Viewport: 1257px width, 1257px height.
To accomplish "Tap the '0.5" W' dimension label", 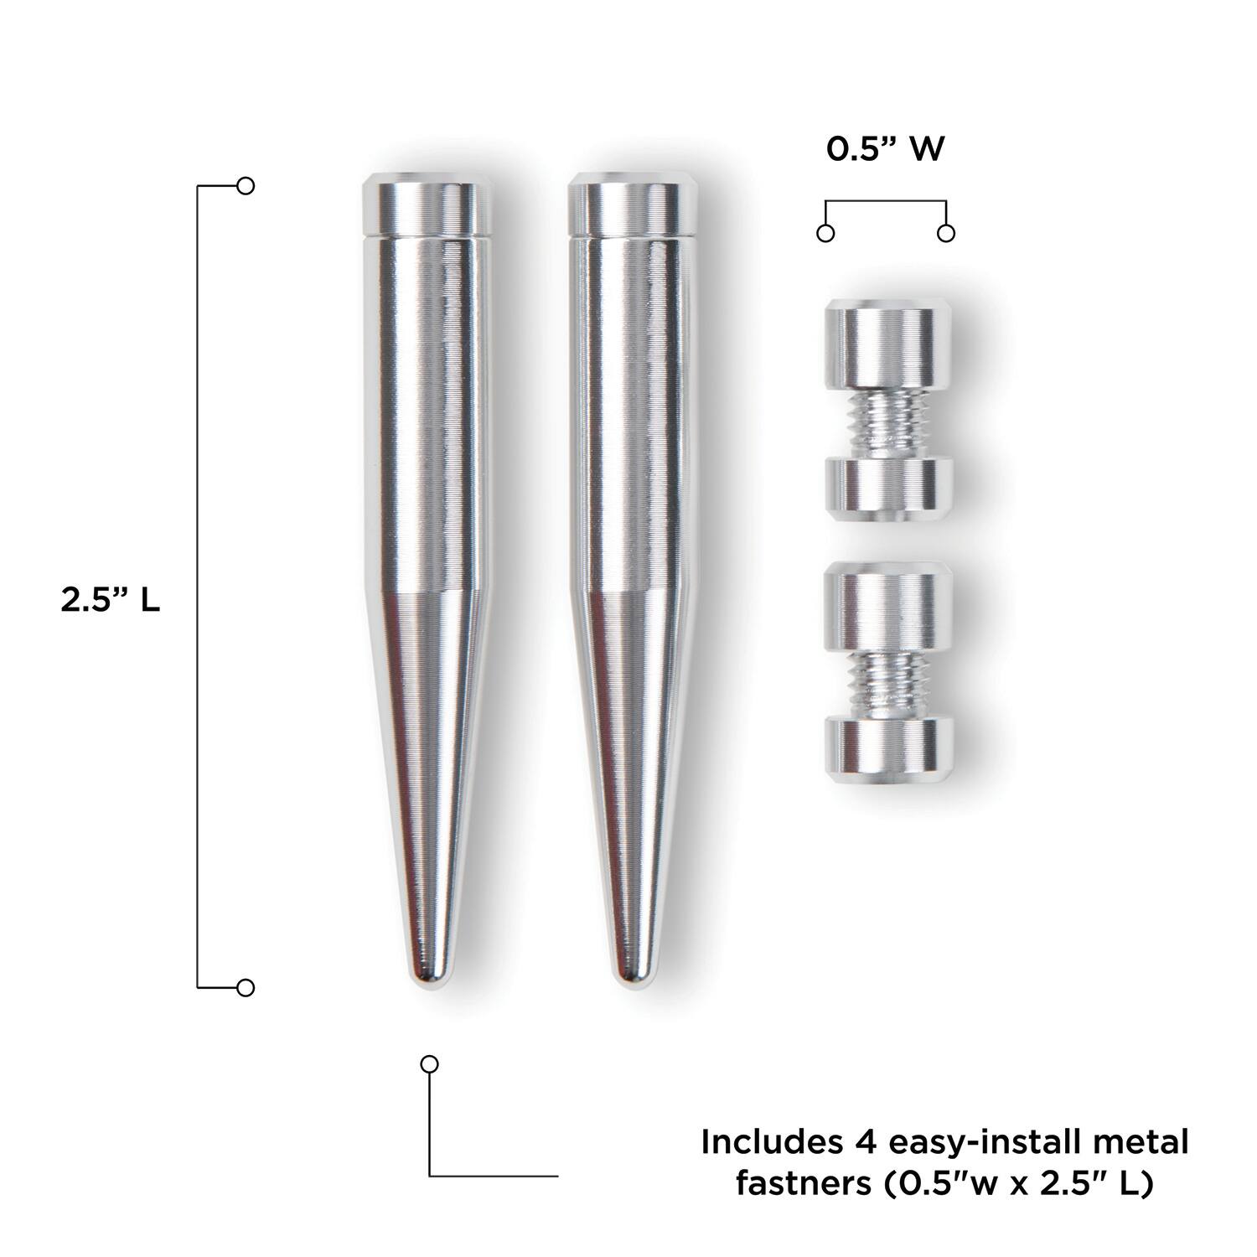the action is coord(886,149).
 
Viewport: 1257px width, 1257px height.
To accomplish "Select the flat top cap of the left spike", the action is coord(427,202).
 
